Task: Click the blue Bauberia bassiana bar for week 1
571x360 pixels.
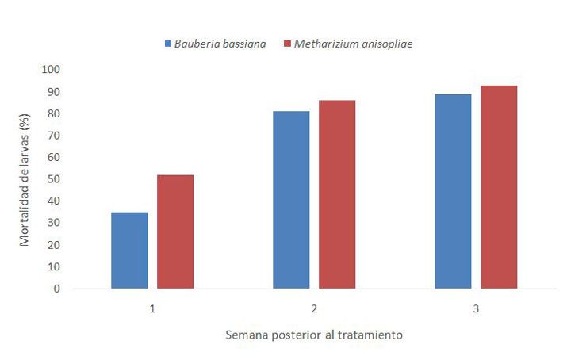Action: tap(129, 251)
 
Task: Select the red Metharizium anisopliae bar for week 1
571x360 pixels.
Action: tap(175, 232)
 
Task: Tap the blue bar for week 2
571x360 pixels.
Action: tap(291, 200)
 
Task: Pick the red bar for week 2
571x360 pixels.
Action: tap(337, 194)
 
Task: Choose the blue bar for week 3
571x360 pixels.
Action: tap(453, 191)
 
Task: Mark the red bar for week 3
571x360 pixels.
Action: tap(499, 187)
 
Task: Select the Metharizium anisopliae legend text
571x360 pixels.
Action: tap(353, 44)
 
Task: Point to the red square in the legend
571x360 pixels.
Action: tap(286, 44)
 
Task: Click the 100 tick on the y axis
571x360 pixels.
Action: tap(50, 70)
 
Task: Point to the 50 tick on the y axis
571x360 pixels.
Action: tap(52, 179)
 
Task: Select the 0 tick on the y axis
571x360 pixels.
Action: tap(56, 289)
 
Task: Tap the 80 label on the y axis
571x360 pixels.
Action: tap(52, 113)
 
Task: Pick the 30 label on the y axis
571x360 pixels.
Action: tap(52, 223)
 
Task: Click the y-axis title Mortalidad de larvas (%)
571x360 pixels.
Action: tap(25, 179)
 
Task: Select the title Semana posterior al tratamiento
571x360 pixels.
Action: tap(314, 335)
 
